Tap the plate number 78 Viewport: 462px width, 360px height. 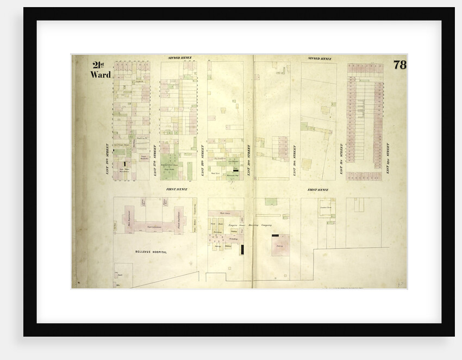[399, 65]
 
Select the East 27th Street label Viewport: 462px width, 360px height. [154, 160]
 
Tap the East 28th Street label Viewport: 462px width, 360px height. [202, 160]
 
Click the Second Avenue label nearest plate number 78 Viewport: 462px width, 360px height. [320, 58]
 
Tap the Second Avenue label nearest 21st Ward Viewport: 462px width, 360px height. [180, 58]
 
